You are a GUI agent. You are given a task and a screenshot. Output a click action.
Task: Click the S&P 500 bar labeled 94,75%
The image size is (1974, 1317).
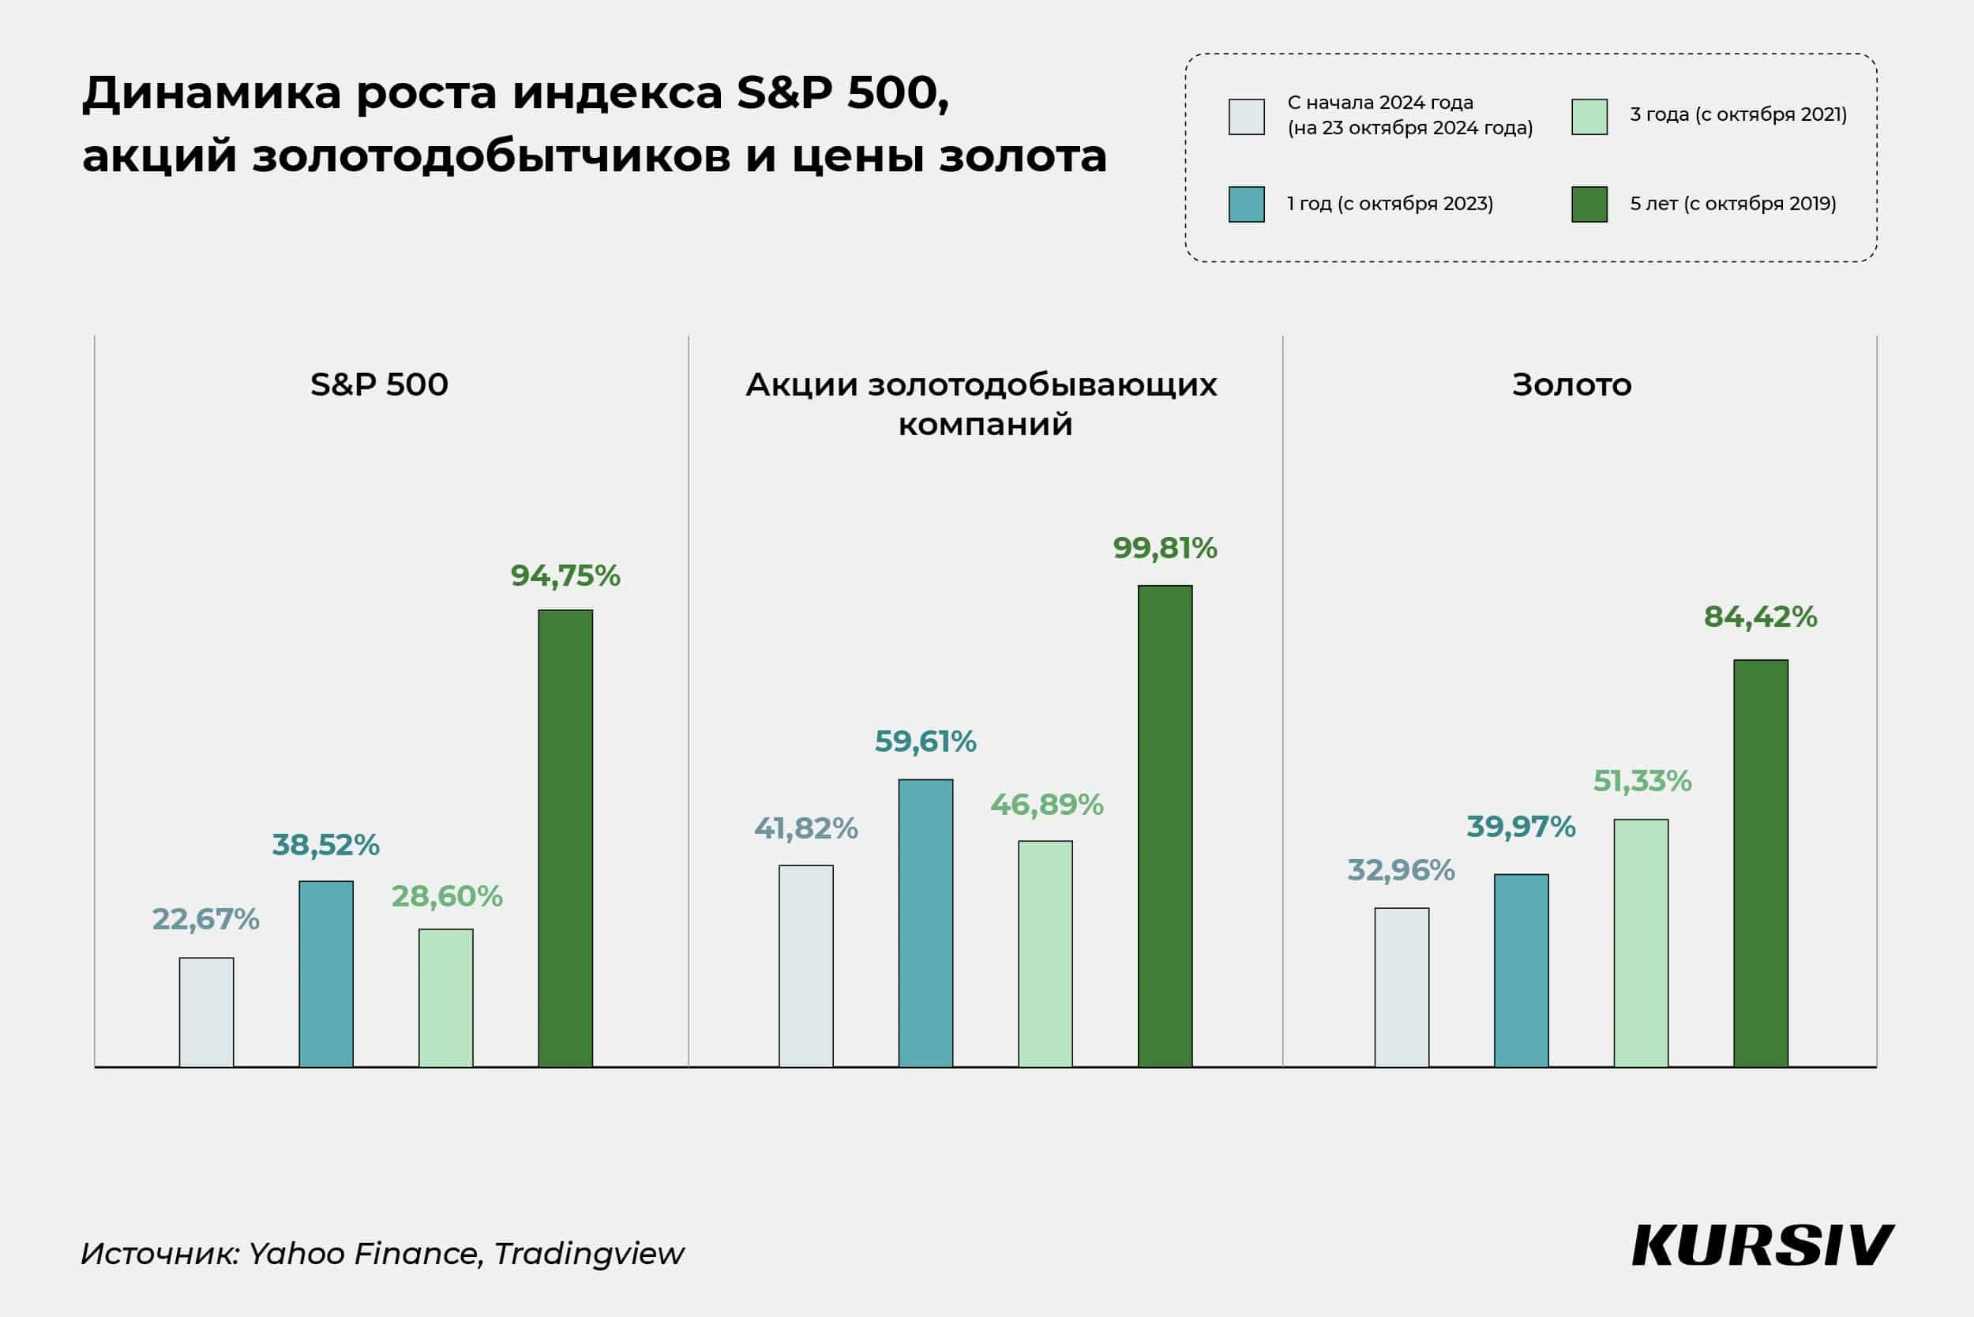(565, 838)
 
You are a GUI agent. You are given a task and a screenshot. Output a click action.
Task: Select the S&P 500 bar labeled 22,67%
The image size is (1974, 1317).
(207, 1011)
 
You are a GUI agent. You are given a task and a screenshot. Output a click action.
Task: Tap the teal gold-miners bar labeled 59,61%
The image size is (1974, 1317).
(925, 922)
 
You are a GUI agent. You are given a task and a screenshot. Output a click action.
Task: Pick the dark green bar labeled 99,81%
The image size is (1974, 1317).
(1165, 826)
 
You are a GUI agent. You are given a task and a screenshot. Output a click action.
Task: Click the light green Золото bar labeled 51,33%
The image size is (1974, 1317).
(1642, 943)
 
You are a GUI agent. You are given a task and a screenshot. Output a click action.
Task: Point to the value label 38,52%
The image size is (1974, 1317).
(326, 845)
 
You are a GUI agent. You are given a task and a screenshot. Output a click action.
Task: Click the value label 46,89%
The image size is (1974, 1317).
(1047, 805)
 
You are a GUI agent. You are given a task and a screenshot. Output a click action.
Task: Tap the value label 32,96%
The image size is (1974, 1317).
(1401, 870)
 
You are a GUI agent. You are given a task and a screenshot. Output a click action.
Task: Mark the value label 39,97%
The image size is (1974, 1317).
(1522, 827)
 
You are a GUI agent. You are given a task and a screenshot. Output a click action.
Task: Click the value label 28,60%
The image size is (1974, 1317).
(447, 896)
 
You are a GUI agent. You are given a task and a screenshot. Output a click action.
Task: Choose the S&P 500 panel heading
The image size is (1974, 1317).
(379, 385)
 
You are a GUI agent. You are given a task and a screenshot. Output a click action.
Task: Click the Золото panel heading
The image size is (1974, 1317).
(1571, 385)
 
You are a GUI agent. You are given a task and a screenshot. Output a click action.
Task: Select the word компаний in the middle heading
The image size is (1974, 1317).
(985, 425)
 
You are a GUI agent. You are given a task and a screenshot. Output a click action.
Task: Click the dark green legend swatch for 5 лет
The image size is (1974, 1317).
(1589, 204)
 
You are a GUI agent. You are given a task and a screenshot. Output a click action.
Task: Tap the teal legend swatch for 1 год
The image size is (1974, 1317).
(1247, 204)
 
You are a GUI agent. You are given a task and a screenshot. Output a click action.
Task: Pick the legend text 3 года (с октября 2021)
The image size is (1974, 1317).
(1738, 114)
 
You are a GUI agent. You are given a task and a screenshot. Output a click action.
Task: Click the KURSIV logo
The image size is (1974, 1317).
(1762, 1246)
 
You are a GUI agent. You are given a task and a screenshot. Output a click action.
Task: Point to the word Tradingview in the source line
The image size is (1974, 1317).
(589, 1253)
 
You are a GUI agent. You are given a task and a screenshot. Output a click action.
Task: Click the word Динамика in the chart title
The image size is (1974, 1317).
(212, 92)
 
